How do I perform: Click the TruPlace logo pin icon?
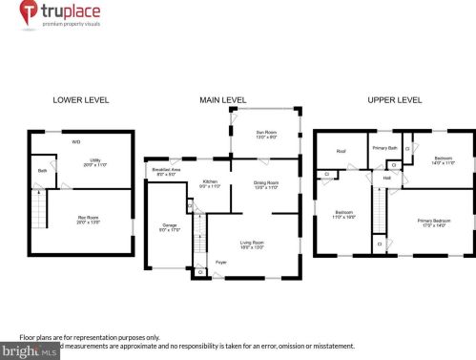point(30,13)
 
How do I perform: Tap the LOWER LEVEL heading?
point(80,99)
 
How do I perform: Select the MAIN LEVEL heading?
point(222,99)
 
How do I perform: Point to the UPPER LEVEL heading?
point(396,99)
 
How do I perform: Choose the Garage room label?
point(168,227)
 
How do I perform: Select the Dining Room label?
point(265,184)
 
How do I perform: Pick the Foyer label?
point(220,262)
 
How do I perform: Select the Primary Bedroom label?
point(431,222)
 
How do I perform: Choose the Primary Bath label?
point(384,148)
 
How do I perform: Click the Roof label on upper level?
point(341,151)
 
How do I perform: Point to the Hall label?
point(387,178)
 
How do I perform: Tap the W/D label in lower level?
point(76,141)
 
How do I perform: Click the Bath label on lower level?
point(43,171)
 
